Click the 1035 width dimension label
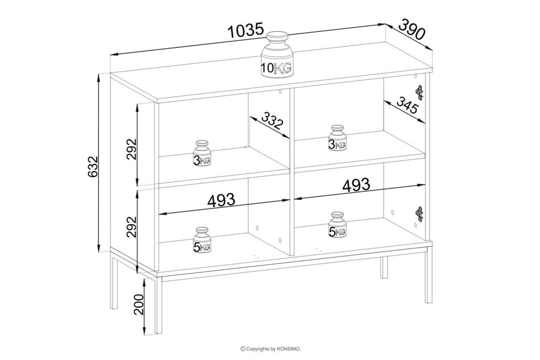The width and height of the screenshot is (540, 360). click(x=246, y=31)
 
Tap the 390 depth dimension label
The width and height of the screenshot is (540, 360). click(x=412, y=29)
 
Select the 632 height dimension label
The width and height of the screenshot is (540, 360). click(x=93, y=167)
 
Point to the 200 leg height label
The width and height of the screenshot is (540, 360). click(x=139, y=304)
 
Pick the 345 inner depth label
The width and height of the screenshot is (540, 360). click(x=407, y=105)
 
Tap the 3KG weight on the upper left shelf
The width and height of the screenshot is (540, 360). click(x=202, y=154)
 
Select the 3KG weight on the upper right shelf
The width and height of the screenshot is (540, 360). click(x=337, y=138)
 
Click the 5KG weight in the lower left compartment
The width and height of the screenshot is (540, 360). click(x=202, y=240)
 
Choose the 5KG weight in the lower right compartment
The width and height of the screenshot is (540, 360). click(x=337, y=225)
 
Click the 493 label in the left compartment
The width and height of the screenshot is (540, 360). click(x=221, y=200)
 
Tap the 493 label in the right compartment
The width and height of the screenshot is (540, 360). click(x=356, y=185)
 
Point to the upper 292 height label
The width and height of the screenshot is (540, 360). click(x=131, y=149)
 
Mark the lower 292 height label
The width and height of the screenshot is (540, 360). click(x=131, y=227)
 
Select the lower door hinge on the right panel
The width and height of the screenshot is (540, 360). click(x=419, y=214)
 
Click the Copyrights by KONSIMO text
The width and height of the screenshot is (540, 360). click(x=271, y=349)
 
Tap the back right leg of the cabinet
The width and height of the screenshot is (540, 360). click(x=384, y=267)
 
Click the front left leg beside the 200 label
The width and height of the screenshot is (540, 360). click(x=159, y=305)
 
